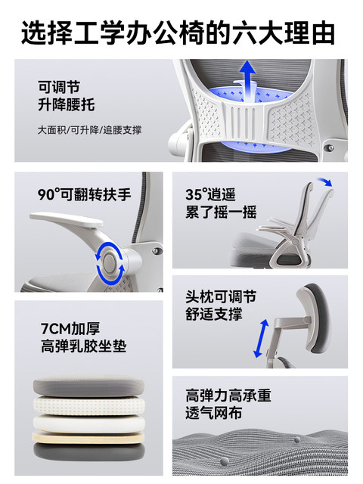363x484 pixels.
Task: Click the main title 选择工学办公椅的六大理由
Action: click(178, 33)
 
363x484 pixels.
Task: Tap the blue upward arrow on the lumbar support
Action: click(247, 81)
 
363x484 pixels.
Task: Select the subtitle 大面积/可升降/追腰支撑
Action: click(89, 130)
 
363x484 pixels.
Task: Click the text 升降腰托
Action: click(67, 104)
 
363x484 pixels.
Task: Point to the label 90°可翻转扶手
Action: click(84, 195)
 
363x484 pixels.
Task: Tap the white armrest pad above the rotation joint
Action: click(67, 219)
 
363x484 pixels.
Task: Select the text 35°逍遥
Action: click(210, 195)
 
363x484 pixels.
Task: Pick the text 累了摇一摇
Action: click(221, 213)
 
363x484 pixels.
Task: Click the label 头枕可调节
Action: click(221, 297)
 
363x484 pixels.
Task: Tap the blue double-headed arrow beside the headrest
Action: click(261, 339)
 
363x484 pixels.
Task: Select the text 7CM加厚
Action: click(70, 329)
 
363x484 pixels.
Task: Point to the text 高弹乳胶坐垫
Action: click(84, 346)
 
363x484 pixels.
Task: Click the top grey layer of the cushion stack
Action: click(88, 386)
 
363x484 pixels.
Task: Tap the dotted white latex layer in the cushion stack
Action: click(88, 406)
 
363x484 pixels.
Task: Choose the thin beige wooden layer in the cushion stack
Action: click(88, 438)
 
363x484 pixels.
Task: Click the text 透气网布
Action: click(213, 413)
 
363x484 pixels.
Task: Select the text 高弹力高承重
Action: click(228, 396)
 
